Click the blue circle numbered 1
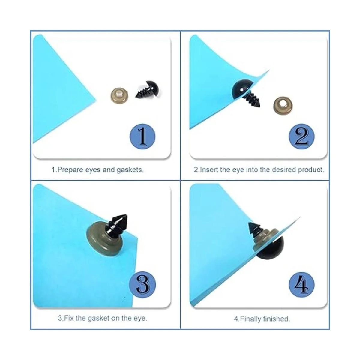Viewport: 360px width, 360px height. (142, 136)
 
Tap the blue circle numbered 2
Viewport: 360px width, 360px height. (301, 136)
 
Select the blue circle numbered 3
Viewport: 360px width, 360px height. (142, 285)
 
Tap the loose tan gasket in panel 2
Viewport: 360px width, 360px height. (283, 106)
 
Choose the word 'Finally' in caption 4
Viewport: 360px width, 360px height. (250, 319)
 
